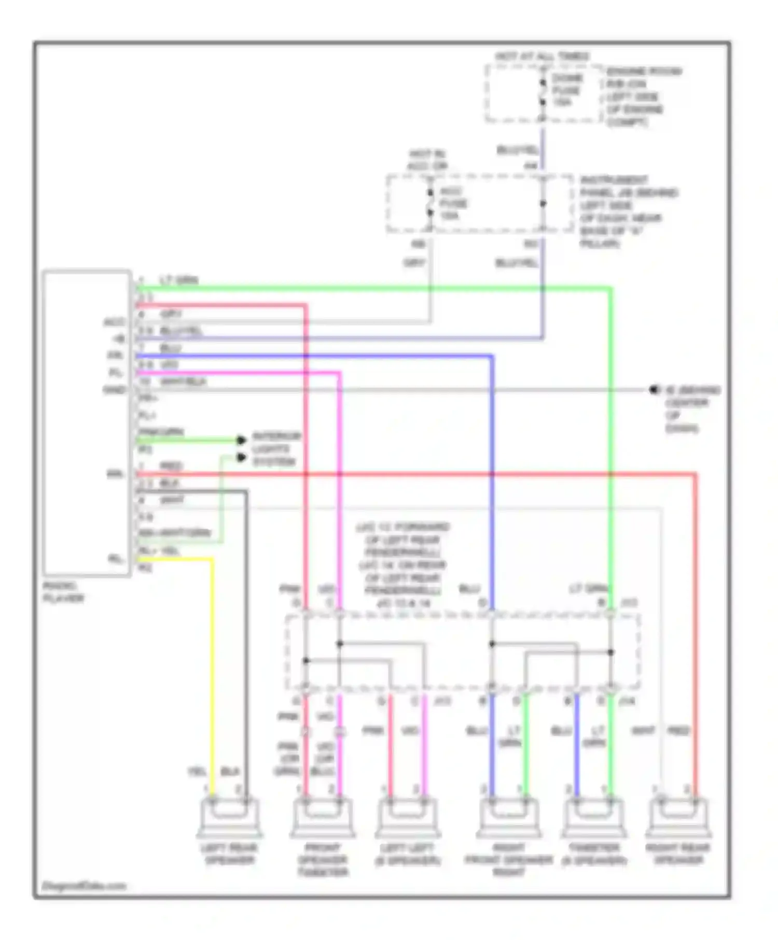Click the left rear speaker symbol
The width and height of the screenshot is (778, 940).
229,817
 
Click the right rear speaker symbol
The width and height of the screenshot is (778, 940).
678,817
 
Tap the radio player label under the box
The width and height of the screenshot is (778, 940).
63,592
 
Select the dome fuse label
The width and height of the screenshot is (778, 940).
566,90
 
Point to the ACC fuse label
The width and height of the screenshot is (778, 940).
453,204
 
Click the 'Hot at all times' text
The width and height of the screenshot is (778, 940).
542,56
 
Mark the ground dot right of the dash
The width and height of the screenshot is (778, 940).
654,390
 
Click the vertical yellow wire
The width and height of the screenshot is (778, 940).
212,674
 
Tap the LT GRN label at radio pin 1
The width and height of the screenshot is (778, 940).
179,280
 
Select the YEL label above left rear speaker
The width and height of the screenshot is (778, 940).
197,772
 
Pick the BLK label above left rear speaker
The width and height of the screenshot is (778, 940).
230,772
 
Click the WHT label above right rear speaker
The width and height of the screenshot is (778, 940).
643,731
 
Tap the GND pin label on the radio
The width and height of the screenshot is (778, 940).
114,390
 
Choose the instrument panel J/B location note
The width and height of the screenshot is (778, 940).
628,211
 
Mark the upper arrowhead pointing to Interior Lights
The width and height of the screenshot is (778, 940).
241,440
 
